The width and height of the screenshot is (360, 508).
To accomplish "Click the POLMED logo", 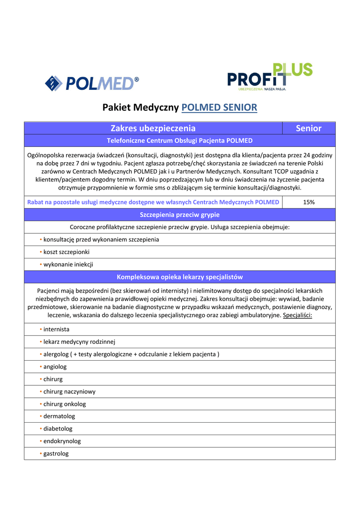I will [92, 83].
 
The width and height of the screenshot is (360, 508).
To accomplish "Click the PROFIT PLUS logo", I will [270, 77].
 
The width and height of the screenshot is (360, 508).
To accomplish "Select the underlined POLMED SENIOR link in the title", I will [219, 107].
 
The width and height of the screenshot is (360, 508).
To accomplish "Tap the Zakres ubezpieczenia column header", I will [153, 128].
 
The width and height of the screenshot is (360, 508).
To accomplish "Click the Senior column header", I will [308, 128].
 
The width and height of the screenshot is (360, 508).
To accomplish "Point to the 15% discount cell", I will [308, 202].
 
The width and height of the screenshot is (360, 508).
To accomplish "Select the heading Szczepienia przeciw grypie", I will [180, 215].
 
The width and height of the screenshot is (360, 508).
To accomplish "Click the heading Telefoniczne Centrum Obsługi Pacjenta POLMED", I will [180, 141].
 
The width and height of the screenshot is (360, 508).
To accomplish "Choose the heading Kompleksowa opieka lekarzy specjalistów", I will [180, 277].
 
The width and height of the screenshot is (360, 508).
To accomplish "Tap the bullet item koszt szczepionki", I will [60, 252].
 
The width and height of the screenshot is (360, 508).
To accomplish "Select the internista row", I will [56, 329].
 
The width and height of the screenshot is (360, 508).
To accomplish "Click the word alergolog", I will [56, 354].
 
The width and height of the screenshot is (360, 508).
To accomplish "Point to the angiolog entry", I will [55, 367].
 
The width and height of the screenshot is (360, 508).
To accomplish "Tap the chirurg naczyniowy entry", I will [70, 391].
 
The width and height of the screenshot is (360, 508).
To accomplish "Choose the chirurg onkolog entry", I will [65, 404].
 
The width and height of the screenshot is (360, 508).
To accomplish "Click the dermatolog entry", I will [59, 416].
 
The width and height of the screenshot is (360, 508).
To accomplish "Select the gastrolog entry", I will [56, 453].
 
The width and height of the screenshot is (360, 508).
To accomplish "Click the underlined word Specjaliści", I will [297, 316].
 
